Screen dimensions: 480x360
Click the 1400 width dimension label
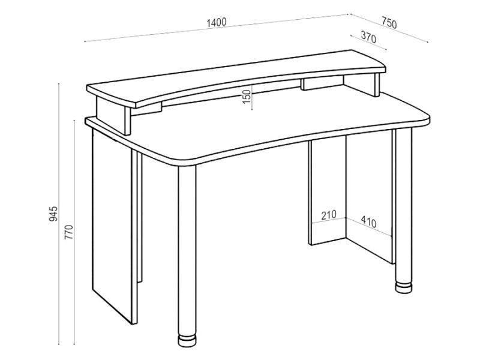click(217, 22)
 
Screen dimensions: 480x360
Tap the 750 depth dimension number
click(389, 23)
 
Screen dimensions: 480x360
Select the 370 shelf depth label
click(368, 37)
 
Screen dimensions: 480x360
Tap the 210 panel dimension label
click(328, 215)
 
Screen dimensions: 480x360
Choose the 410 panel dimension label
click(368, 221)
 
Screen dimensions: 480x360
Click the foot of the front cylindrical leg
click(187, 341)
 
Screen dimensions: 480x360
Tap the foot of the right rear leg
click(403, 287)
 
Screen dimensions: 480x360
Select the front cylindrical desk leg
click(187, 254)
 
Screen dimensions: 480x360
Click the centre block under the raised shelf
click(322, 83)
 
